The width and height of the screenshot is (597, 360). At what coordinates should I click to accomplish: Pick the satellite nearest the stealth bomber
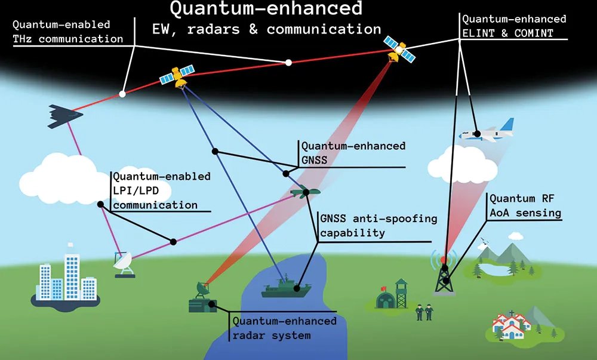(x=178, y=76)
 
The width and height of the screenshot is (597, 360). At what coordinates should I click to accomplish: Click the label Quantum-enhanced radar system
(x=284, y=328)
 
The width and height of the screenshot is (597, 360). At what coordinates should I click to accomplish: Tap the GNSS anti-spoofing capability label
(x=378, y=225)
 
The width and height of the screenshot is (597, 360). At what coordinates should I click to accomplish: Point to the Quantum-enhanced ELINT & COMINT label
(x=514, y=26)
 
